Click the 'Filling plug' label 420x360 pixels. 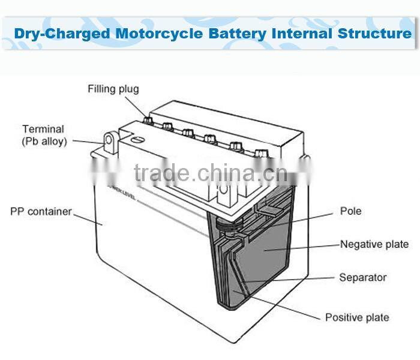click(x=113, y=89)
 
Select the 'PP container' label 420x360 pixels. click(x=41, y=212)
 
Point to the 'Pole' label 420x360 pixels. click(x=350, y=211)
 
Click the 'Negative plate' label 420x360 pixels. click(x=374, y=244)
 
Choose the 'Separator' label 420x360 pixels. click(x=363, y=277)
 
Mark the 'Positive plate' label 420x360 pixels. click(x=357, y=317)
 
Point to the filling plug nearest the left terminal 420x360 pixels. click(x=147, y=120)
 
